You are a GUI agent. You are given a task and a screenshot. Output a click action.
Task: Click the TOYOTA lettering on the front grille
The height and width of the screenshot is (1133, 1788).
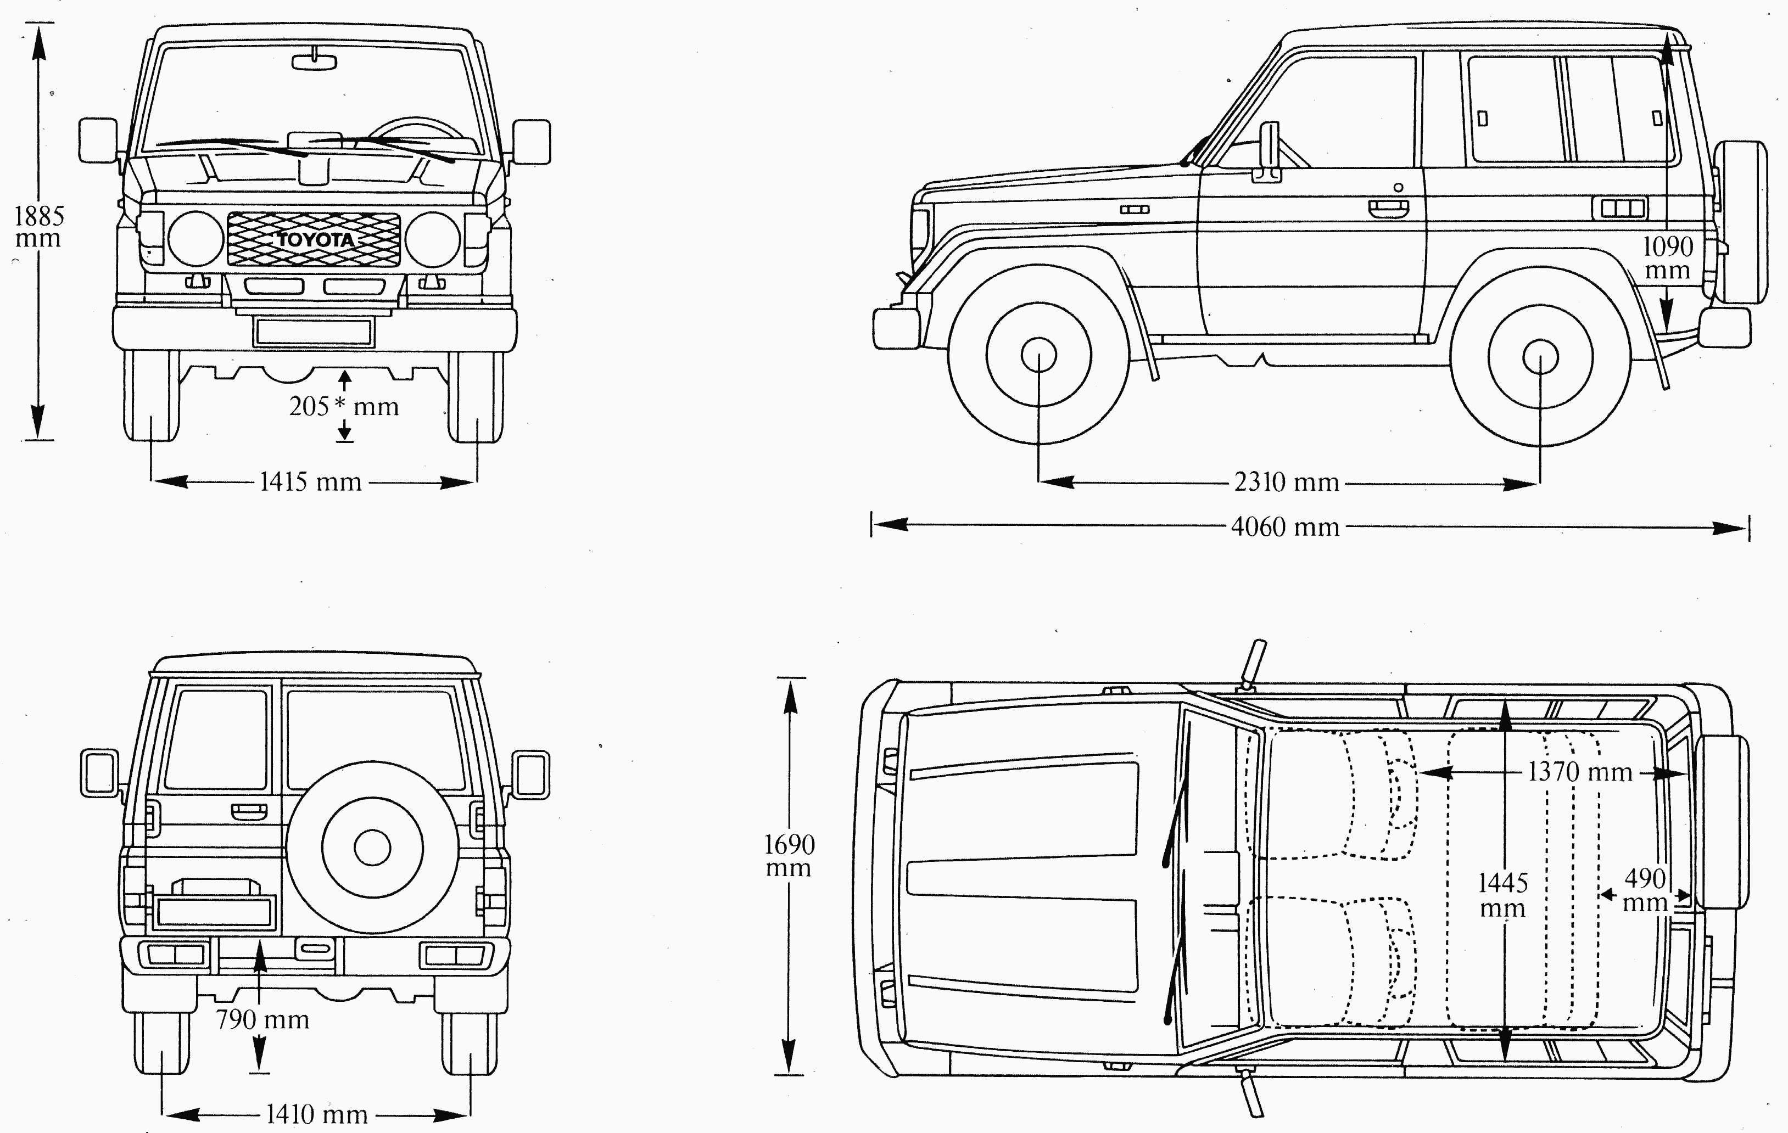coord(316,240)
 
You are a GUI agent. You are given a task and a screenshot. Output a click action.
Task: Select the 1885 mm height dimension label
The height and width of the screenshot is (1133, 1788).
coord(38,227)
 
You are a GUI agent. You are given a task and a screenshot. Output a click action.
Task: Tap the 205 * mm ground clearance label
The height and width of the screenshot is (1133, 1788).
coord(344,406)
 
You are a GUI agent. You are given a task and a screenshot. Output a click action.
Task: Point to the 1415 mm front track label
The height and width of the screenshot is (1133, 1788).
coord(310,482)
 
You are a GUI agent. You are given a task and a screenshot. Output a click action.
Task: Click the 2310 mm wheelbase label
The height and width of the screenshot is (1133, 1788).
coord(1286,483)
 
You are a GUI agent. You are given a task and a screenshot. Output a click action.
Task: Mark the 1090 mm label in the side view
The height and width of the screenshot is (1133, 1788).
coord(1668,257)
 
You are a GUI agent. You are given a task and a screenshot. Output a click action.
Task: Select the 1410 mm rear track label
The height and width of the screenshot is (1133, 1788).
coord(316,1114)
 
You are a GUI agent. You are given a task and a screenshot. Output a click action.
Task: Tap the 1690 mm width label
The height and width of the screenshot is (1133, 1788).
coord(789,856)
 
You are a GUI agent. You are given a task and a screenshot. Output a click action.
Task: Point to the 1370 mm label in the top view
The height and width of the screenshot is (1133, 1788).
coord(1579,773)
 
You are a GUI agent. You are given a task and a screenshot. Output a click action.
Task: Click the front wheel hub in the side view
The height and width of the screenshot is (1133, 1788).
coord(1039,356)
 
